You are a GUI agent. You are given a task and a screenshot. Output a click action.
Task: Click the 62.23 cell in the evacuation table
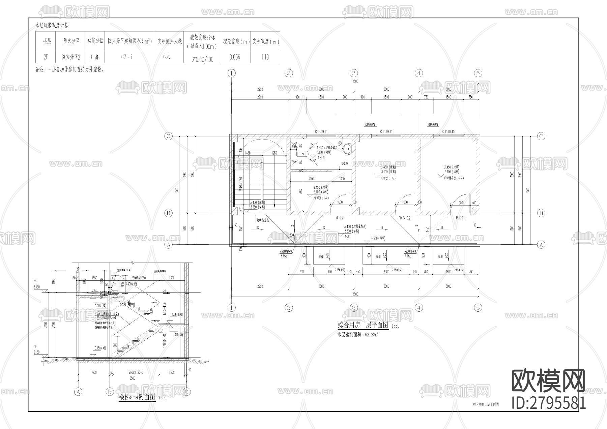coord(126,57)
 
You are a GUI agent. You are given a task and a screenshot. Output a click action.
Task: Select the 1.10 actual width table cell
coord(265,57)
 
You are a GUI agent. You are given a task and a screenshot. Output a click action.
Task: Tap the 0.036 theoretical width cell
coord(235,57)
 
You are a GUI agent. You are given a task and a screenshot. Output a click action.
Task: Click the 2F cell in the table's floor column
coord(46,57)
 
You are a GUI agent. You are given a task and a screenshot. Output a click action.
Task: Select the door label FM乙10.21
coord(405,218)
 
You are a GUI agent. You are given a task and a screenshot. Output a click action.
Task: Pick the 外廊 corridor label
coord(347,236)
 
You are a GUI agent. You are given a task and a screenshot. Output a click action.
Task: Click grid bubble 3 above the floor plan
coord(353,73)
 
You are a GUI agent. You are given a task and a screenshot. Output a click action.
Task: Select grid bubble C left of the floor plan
coord(168,136)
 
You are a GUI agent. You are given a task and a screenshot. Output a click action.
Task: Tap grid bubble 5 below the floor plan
coord(478,307)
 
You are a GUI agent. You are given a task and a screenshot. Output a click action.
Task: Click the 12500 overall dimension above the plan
coord(354,81)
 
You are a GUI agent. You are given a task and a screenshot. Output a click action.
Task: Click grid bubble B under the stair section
coord(109,392)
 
